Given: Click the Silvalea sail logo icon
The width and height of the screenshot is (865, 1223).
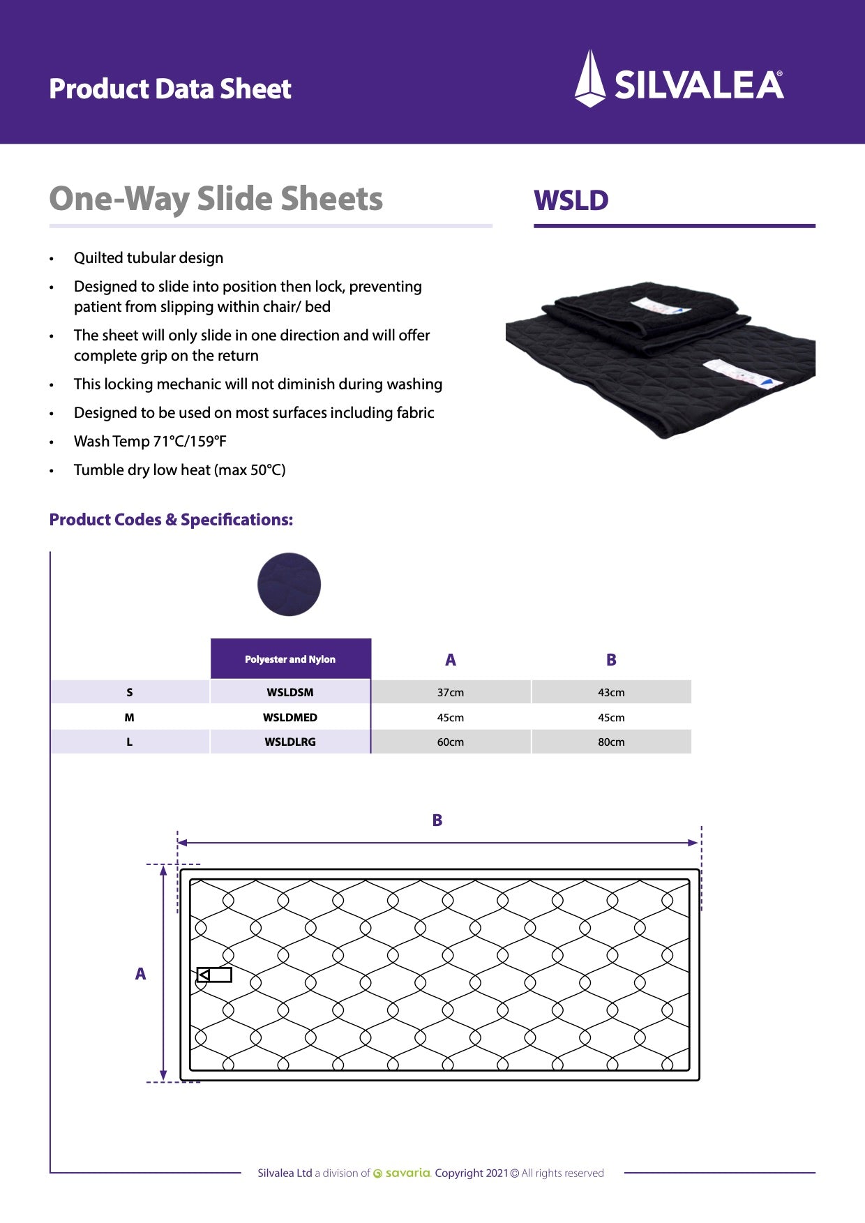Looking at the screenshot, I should click(x=589, y=78).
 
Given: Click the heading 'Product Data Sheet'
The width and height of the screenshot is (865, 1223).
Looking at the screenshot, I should click(x=170, y=89).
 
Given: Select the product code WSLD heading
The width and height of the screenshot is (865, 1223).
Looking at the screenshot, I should click(x=571, y=201).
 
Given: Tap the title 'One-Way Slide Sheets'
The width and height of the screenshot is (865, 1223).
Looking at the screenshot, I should click(x=216, y=199).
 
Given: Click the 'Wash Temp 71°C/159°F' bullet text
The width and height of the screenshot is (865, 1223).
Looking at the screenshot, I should click(x=150, y=442).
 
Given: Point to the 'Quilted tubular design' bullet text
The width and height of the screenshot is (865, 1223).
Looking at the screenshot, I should click(x=149, y=258).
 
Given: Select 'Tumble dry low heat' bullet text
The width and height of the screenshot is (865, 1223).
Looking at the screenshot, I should click(x=179, y=470).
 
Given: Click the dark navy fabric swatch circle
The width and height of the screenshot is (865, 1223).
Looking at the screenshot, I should click(x=289, y=585).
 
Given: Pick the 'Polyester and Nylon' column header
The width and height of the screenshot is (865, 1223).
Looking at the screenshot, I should click(x=290, y=659).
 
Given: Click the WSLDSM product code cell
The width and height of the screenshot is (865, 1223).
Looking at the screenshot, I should click(x=290, y=693).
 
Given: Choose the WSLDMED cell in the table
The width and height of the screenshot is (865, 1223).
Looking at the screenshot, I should click(x=290, y=717).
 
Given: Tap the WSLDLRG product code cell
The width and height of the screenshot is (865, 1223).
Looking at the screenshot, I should click(x=290, y=742).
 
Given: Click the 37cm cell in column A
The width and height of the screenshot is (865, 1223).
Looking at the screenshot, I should click(x=451, y=693).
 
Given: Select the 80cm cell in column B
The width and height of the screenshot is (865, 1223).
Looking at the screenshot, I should click(x=611, y=742).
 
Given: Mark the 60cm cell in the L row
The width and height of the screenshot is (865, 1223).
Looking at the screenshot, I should click(x=451, y=742).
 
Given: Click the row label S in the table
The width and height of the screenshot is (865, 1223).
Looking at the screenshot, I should click(x=130, y=693).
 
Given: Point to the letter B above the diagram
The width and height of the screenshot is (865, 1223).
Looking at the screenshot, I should click(x=437, y=820).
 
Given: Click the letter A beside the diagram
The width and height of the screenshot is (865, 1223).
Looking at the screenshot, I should click(x=140, y=974).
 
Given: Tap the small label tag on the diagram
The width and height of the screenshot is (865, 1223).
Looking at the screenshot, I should click(x=214, y=975).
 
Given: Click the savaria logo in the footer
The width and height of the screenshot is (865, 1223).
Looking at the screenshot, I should click(x=403, y=1173).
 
